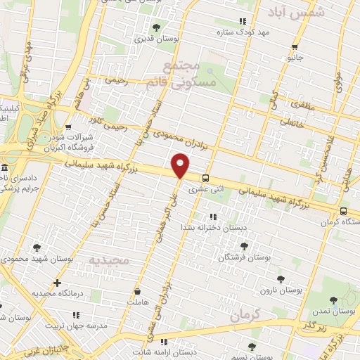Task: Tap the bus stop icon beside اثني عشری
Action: [x=205, y=178]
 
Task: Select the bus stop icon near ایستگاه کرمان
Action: [x=343, y=211]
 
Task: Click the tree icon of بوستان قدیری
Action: [x=156, y=27]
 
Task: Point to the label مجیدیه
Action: [x=108, y=260]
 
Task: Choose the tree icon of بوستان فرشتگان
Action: [x=244, y=245]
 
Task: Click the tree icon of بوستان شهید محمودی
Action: [x=36, y=247]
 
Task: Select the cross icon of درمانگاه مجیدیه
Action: [x=57, y=282]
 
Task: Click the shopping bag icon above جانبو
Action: [x=293, y=48]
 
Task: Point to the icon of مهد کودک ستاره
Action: [x=243, y=22]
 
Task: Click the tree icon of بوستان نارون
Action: [x=281, y=278]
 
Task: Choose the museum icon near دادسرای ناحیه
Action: [x=4, y=169]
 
